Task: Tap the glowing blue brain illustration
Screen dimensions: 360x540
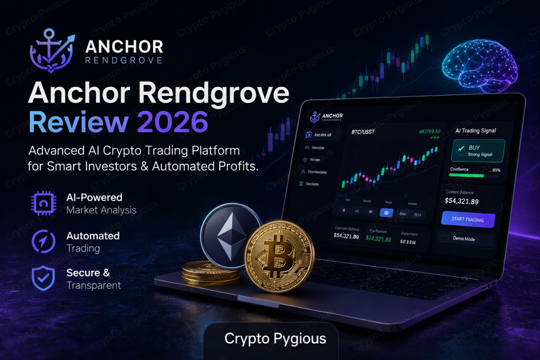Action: (479, 66)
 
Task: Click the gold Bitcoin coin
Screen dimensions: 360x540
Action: (279, 255)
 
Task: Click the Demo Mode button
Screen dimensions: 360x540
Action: (464, 239)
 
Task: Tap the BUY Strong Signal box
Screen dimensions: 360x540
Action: (478, 150)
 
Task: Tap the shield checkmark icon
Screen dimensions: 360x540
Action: (43, 279)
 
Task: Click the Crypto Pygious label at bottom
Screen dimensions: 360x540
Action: (275, 338)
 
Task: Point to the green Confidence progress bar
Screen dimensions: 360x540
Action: (467, 176)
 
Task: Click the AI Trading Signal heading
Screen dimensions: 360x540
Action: (476, 130)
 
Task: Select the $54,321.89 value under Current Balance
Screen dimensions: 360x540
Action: (461, 201)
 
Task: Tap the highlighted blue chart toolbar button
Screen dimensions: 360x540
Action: (386, 213)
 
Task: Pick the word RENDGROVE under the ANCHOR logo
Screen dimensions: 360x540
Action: (123, 61)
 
